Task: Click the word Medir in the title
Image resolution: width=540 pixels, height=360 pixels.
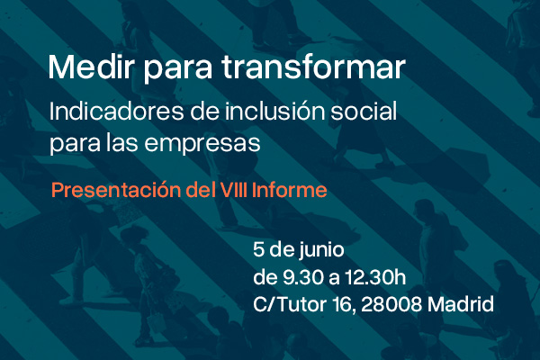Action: point(91,67)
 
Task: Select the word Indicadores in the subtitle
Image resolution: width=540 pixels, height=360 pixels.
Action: point(116,112)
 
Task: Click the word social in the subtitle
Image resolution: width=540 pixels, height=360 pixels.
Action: point(364,112)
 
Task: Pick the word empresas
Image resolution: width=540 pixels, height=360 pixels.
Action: point(202,144)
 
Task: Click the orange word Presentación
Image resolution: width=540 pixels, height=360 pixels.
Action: point(116,190)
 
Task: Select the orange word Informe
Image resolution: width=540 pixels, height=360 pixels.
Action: point(289,190)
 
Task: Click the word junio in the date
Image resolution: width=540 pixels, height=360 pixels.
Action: point(321,250)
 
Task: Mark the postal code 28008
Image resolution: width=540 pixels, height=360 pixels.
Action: point(391,304)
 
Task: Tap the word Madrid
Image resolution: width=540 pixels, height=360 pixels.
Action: point(461,304)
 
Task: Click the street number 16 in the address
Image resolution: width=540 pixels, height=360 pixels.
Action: point(345,304)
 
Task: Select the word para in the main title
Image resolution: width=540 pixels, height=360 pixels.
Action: point(177,69)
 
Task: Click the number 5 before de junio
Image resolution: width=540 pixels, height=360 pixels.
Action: point(258,249)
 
